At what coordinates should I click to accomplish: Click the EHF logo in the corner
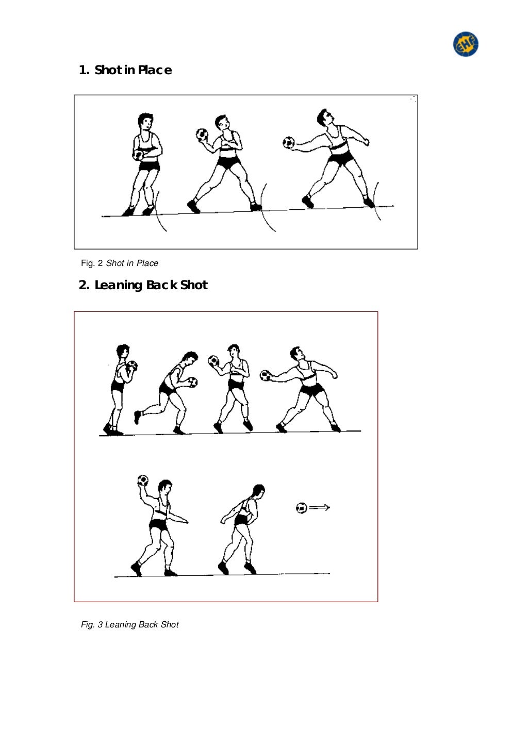466,44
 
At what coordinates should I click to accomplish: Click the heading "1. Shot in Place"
125,70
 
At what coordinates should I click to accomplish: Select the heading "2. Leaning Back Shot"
143,285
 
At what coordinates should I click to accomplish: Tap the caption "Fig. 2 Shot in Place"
120,263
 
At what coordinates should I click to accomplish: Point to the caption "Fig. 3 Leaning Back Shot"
129,624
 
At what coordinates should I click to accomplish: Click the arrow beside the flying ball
320,508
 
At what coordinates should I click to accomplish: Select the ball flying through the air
302,508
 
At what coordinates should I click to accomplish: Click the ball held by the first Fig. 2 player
138,155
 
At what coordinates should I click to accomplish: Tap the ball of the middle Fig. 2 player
202,134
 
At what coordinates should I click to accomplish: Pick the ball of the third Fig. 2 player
289,142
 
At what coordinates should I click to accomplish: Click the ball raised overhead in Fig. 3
143,480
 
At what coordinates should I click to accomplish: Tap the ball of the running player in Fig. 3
192,382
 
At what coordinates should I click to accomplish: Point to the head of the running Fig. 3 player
189,359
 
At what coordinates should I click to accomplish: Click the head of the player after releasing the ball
257,492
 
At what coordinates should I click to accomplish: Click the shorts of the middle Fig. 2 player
227,163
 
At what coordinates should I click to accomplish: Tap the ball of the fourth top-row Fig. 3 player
266,376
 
